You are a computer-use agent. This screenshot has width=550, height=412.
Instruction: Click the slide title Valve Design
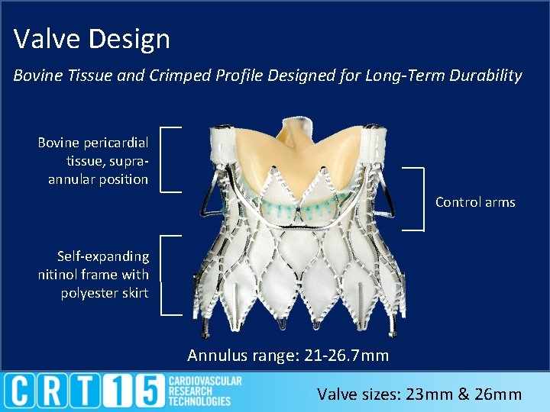click(x=92, y=38)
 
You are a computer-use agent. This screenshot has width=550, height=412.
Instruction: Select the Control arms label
click(x=475, y=202)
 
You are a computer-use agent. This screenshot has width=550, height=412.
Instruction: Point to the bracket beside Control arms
click(x=422, y=198)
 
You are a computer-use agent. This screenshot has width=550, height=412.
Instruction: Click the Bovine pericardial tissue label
click(x=93, y=161)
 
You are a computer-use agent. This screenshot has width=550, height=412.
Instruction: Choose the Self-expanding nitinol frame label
click(x=93, y=275)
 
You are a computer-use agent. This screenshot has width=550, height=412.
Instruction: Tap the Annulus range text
click(x=288, y=356)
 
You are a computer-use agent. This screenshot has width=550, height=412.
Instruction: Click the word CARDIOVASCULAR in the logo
click(x=205, y=381)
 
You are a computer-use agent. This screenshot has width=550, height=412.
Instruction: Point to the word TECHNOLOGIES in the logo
click(x=199, y=401)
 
